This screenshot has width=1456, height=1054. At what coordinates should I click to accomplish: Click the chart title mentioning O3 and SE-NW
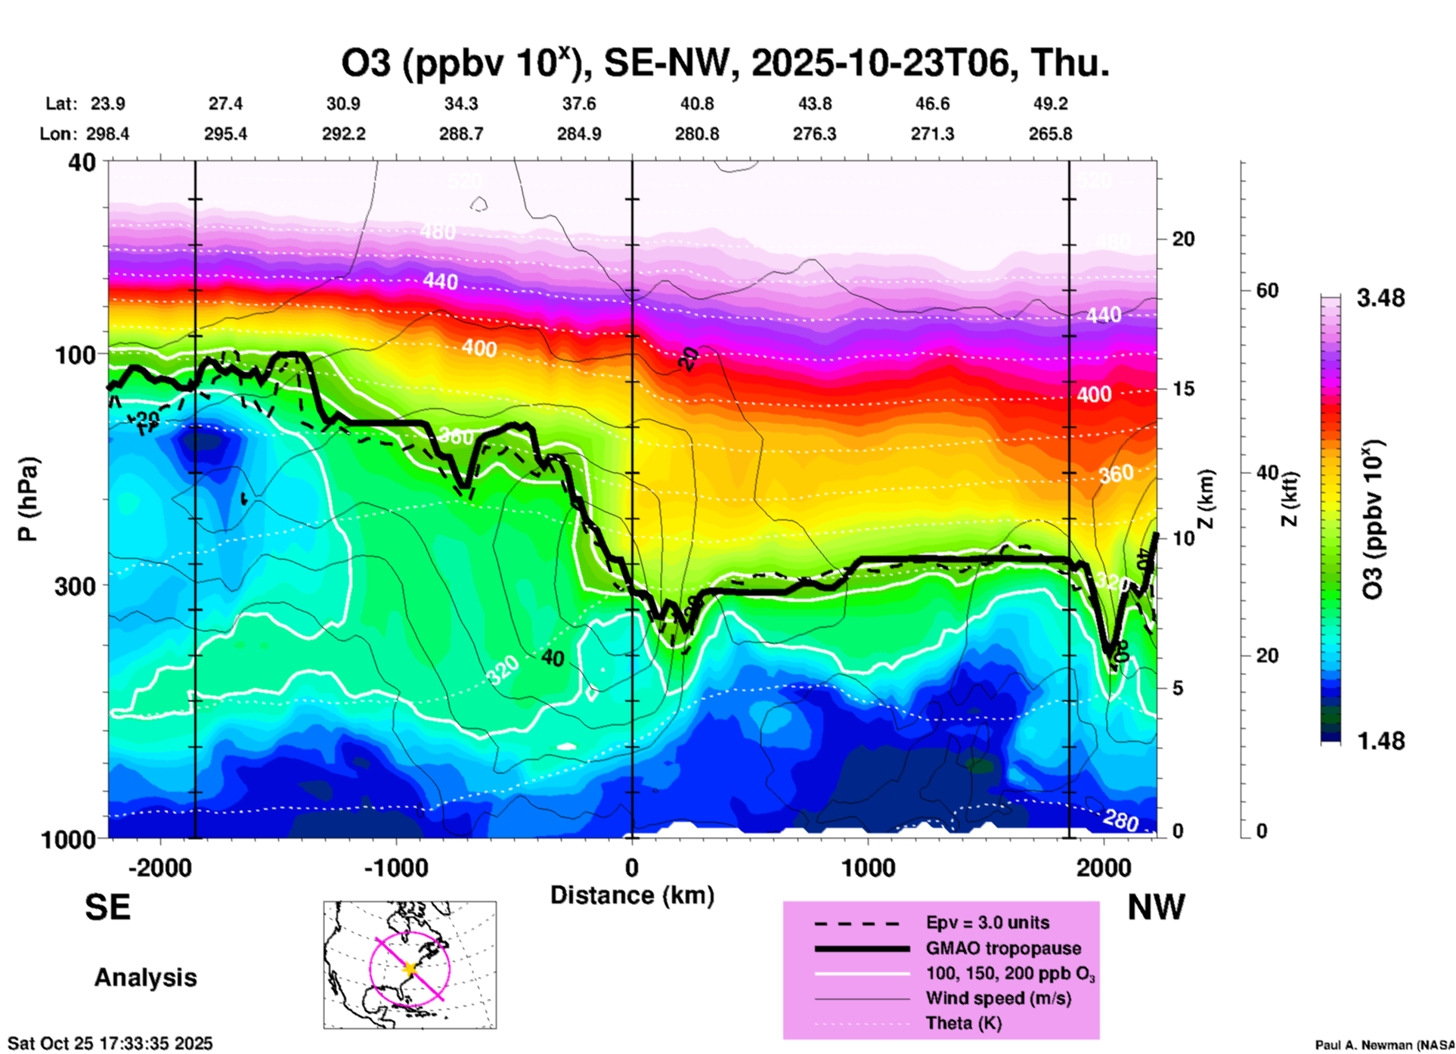tap(725, 64)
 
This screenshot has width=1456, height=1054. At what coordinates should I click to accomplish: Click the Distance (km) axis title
tap(632, 895)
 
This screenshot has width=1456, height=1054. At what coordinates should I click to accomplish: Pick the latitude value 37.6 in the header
tap(579, 104)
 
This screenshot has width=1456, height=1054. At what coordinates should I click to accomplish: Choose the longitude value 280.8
tap(697, 134)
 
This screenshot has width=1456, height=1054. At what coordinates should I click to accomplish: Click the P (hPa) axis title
tap(28, 499)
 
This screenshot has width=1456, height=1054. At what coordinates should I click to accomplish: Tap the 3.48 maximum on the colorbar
tap(1380, 298)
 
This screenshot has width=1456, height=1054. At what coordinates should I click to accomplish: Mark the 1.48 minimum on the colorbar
tap(1380, 740)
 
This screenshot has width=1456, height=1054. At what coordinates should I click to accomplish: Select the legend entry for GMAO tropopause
tap(1003, 948)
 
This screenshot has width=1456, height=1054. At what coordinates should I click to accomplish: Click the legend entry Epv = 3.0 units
tap(987, 923)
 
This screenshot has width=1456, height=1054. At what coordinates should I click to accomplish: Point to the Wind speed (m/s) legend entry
tap(998, 999)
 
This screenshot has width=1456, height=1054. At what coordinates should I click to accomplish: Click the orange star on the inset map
tap(410, 969)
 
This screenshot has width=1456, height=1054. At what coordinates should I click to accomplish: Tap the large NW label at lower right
tap(1156, 907)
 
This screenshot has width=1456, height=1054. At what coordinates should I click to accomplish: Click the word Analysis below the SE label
tap(145, 978)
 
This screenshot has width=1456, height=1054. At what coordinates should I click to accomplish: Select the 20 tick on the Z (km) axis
tap(1182, 239)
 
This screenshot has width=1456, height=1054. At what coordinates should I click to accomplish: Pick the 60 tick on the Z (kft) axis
tap(1267, 290)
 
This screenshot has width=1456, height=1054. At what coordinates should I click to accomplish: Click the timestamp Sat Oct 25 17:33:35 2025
tap(110, 1043)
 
